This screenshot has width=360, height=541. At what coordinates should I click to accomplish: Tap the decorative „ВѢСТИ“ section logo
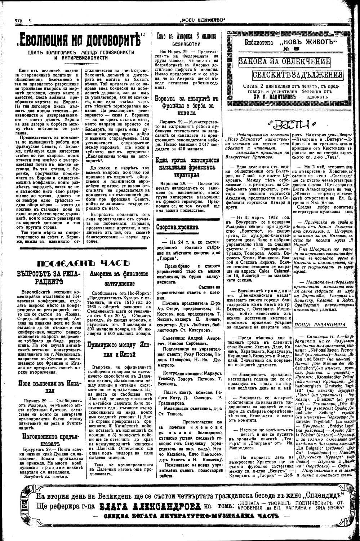tap(289, 124)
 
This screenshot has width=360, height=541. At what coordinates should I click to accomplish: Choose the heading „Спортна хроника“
tap(177, 227)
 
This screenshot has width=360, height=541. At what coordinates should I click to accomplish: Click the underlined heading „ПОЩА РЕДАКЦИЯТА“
tap(320, 325)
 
